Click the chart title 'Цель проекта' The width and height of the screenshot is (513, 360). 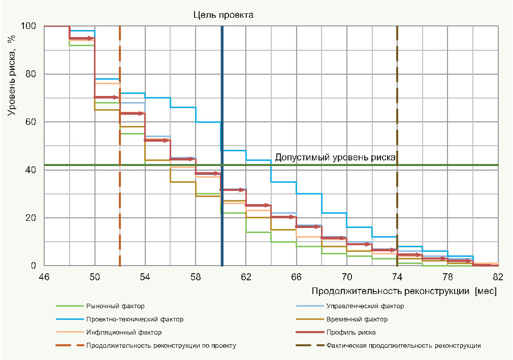coord(223,15)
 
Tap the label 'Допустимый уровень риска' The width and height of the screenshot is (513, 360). coord(335,157)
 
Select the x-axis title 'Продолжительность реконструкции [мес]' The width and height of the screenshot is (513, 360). coord(404,291)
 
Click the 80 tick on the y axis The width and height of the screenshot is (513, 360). coord(31,74)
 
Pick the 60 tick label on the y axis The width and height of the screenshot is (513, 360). coord(31,122)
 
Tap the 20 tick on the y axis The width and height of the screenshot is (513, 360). coord(31,218)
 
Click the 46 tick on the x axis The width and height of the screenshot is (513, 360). coord(44,277)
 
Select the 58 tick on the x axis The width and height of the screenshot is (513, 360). coord(196,277)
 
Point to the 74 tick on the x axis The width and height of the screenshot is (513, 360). coord(397,277)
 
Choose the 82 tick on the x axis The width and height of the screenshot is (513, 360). coord(498,277)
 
